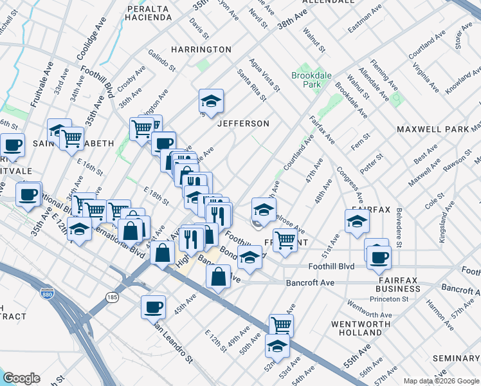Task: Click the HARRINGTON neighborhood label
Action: click(x=201, y=50)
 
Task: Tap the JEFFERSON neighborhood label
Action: click(x=242, y=123)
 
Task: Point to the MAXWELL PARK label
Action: click(x=432, y=129)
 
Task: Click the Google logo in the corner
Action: click(x=21, y=378)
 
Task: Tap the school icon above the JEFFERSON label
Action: click(x=210, y=100)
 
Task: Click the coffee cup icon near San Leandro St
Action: click(x=153, y=307)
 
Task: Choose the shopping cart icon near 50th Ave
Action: click(x=281, y=325)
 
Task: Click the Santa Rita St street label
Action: click(x=251, y=86)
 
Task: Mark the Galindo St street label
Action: click(x=161, y=60)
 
